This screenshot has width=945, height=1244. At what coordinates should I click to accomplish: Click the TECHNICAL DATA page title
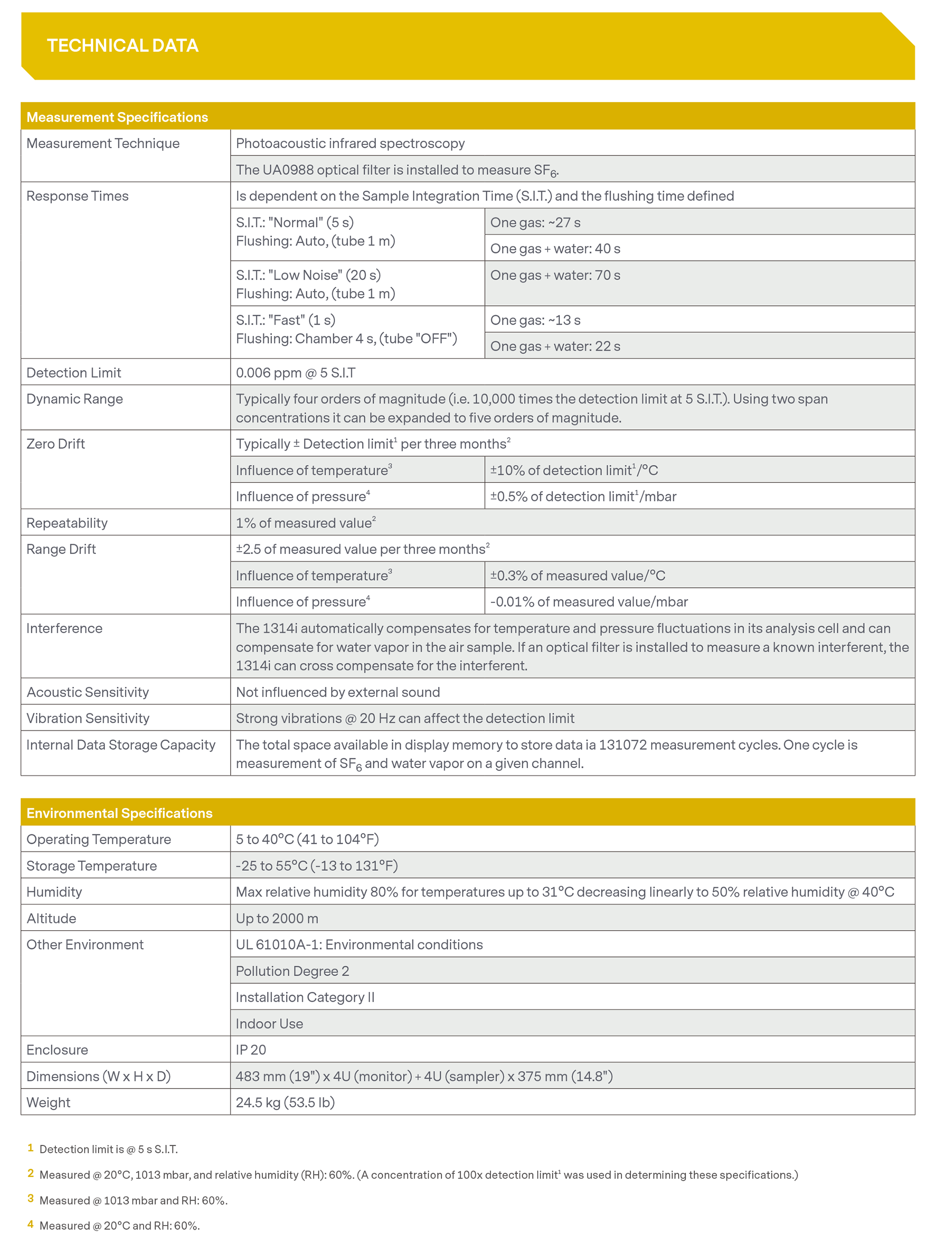pos(123,45)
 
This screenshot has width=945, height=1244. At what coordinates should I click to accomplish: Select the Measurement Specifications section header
pos(117,117)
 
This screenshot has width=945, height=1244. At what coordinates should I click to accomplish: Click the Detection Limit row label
pos(74,373)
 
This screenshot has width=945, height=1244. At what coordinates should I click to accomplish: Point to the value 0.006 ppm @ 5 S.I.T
pos(295,373)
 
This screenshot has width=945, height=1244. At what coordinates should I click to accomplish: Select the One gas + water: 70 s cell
pos(555,275)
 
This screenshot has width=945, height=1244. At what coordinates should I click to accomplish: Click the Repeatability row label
pos(67,523)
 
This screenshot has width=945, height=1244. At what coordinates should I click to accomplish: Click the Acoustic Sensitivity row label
pos(88,692)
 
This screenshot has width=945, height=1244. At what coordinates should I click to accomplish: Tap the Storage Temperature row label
pos(92,866)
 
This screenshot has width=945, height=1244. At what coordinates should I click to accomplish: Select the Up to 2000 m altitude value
pos(277,918)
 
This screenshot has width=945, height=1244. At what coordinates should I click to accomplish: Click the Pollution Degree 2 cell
pos(292,971)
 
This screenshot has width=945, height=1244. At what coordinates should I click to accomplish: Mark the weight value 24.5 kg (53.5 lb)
pos(285,1102)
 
